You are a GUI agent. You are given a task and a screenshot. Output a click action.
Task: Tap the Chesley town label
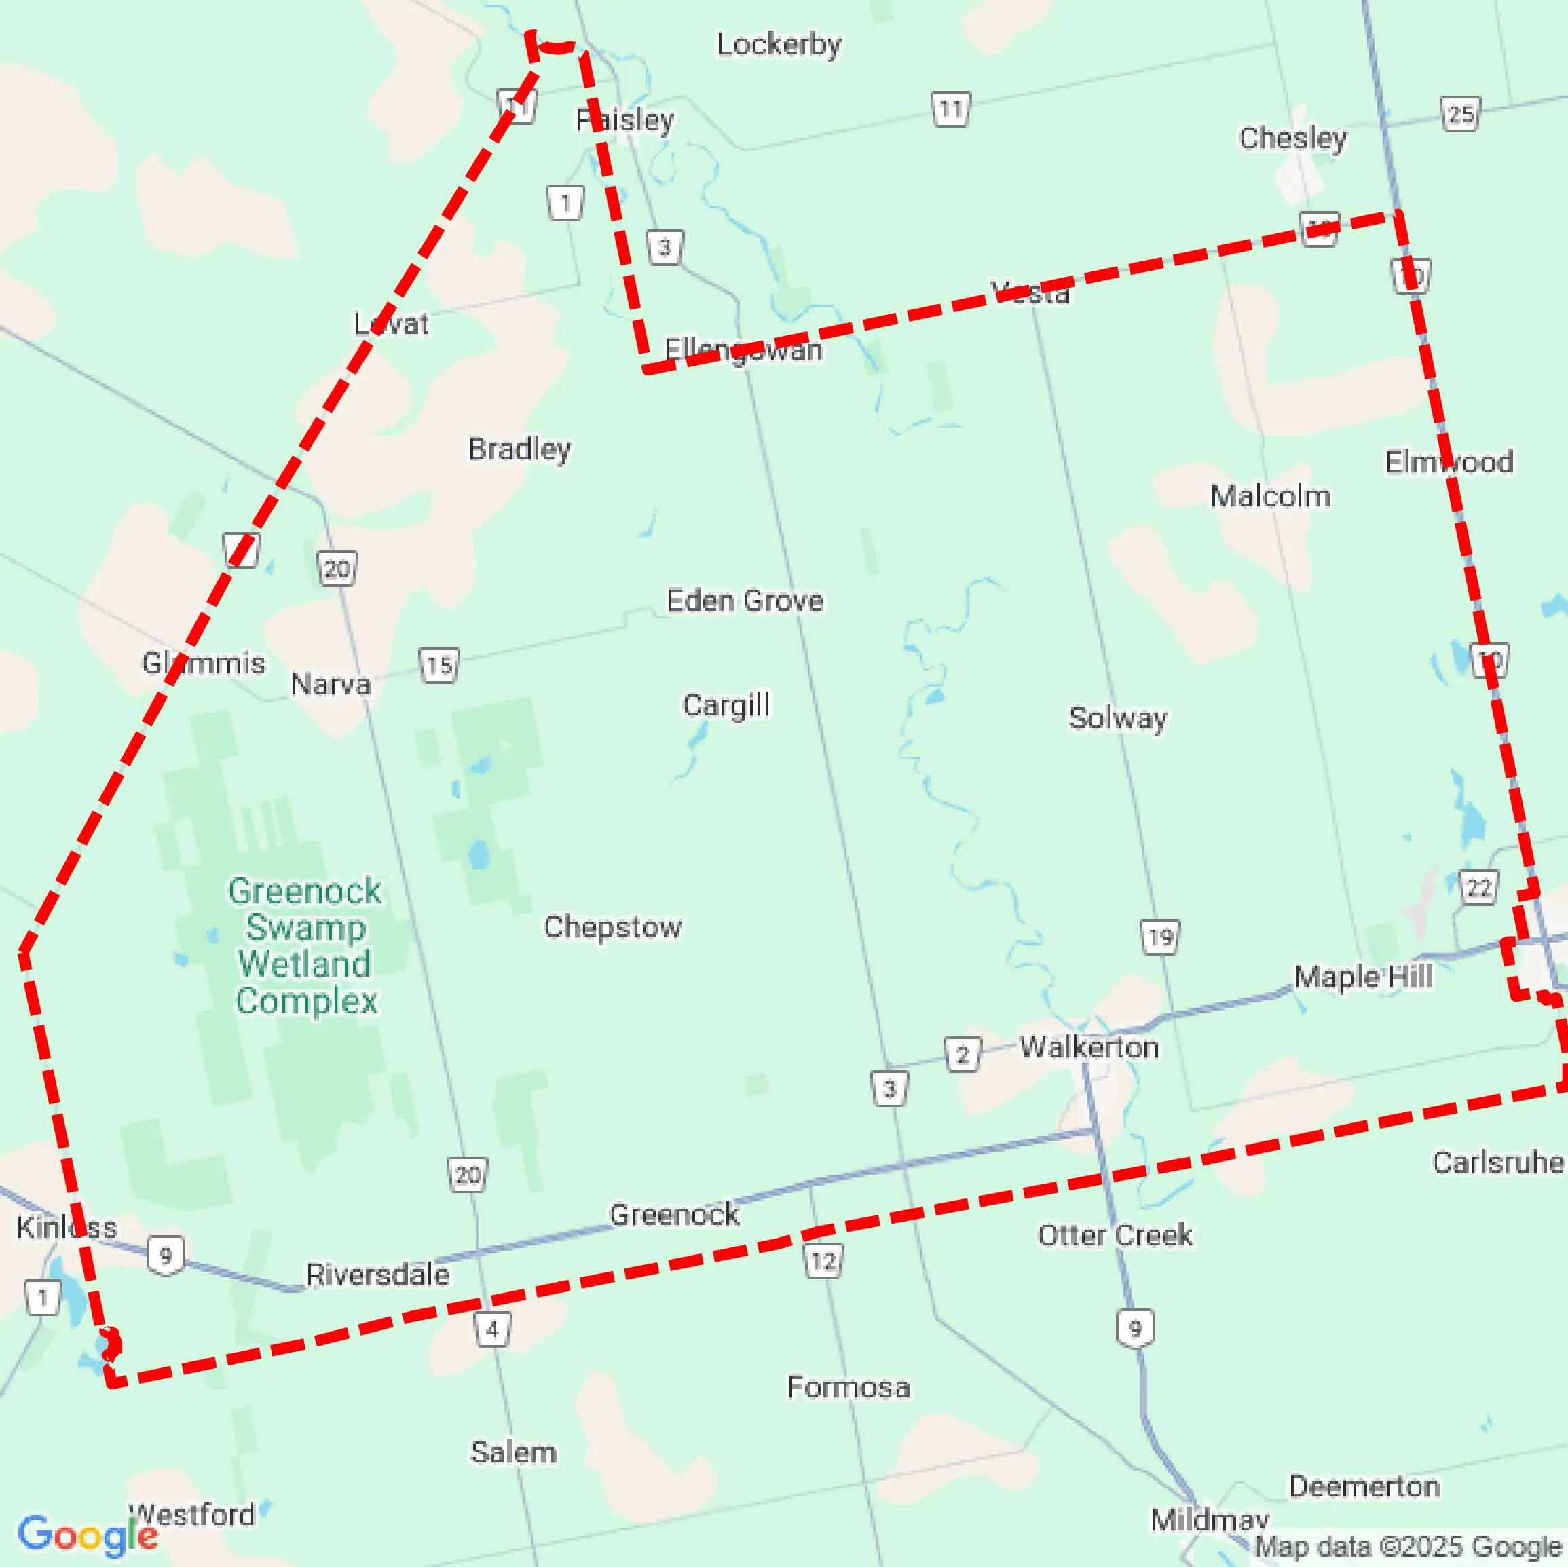point(1292,138)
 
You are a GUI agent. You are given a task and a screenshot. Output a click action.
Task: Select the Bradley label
point(519,449)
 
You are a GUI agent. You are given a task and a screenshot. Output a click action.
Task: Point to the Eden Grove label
point(745,601)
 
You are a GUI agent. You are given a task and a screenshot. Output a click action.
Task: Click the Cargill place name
point(726,705)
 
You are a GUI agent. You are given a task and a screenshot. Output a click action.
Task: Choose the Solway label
point(1117,718)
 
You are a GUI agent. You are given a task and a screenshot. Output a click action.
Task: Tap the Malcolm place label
point(1270,496)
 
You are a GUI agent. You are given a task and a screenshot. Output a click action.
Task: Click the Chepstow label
point(613,927)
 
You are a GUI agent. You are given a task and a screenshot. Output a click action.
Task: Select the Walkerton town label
point(1088,1047)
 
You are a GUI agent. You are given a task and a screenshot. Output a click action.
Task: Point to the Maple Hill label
point(1363,976)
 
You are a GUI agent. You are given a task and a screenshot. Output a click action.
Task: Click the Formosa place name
point(848,1387)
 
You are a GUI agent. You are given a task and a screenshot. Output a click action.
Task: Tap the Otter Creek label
point(1115,1235)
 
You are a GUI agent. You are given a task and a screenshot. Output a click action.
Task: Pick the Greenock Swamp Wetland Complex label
point(305,945)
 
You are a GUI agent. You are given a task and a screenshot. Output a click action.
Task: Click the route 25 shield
point(1460,115)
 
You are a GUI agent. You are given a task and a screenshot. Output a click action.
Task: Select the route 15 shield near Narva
point(439,666)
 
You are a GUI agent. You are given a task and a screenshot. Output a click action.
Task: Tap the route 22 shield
point(1478,888)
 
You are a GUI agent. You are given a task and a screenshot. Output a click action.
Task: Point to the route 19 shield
point(1160,938)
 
